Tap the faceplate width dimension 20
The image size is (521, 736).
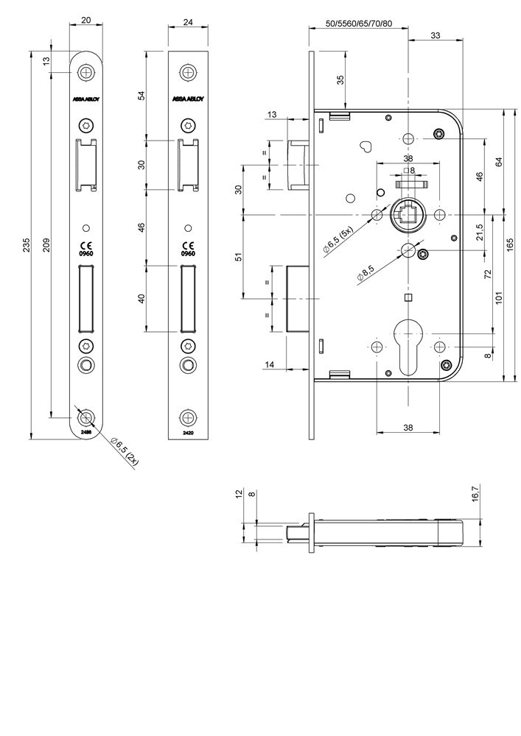[x=88, y=21]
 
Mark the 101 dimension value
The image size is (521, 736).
[x=499, y=298]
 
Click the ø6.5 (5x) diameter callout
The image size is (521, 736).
[x=338, y=241]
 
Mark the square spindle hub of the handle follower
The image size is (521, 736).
[x=408, y=214]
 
